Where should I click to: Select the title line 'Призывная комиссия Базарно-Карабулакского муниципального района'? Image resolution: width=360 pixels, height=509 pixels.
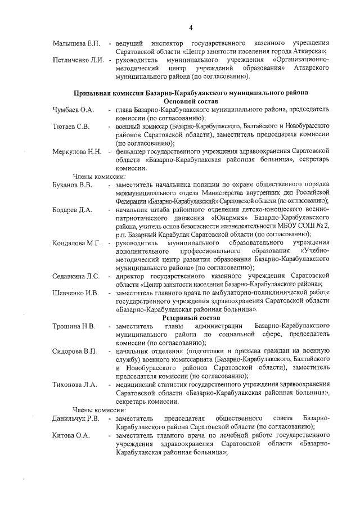[191, 92]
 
